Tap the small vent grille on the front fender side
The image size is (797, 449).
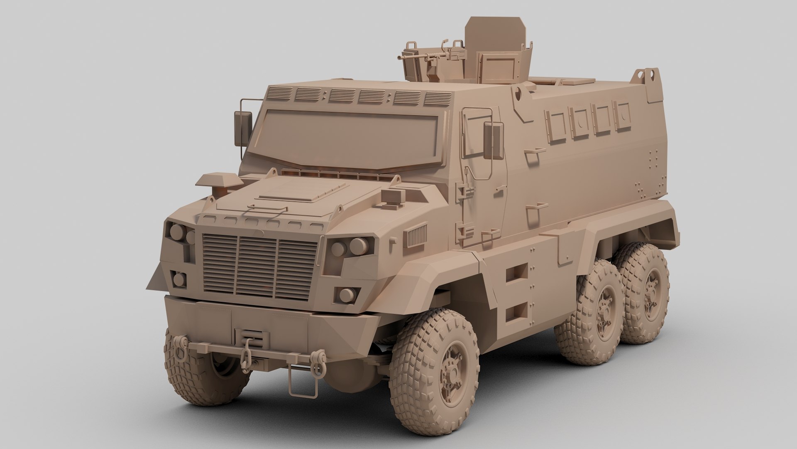click(x=416, y=236)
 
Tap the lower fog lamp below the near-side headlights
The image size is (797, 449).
click(x=346, y=295)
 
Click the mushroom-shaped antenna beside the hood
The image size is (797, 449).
click(x=220, y=183)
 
